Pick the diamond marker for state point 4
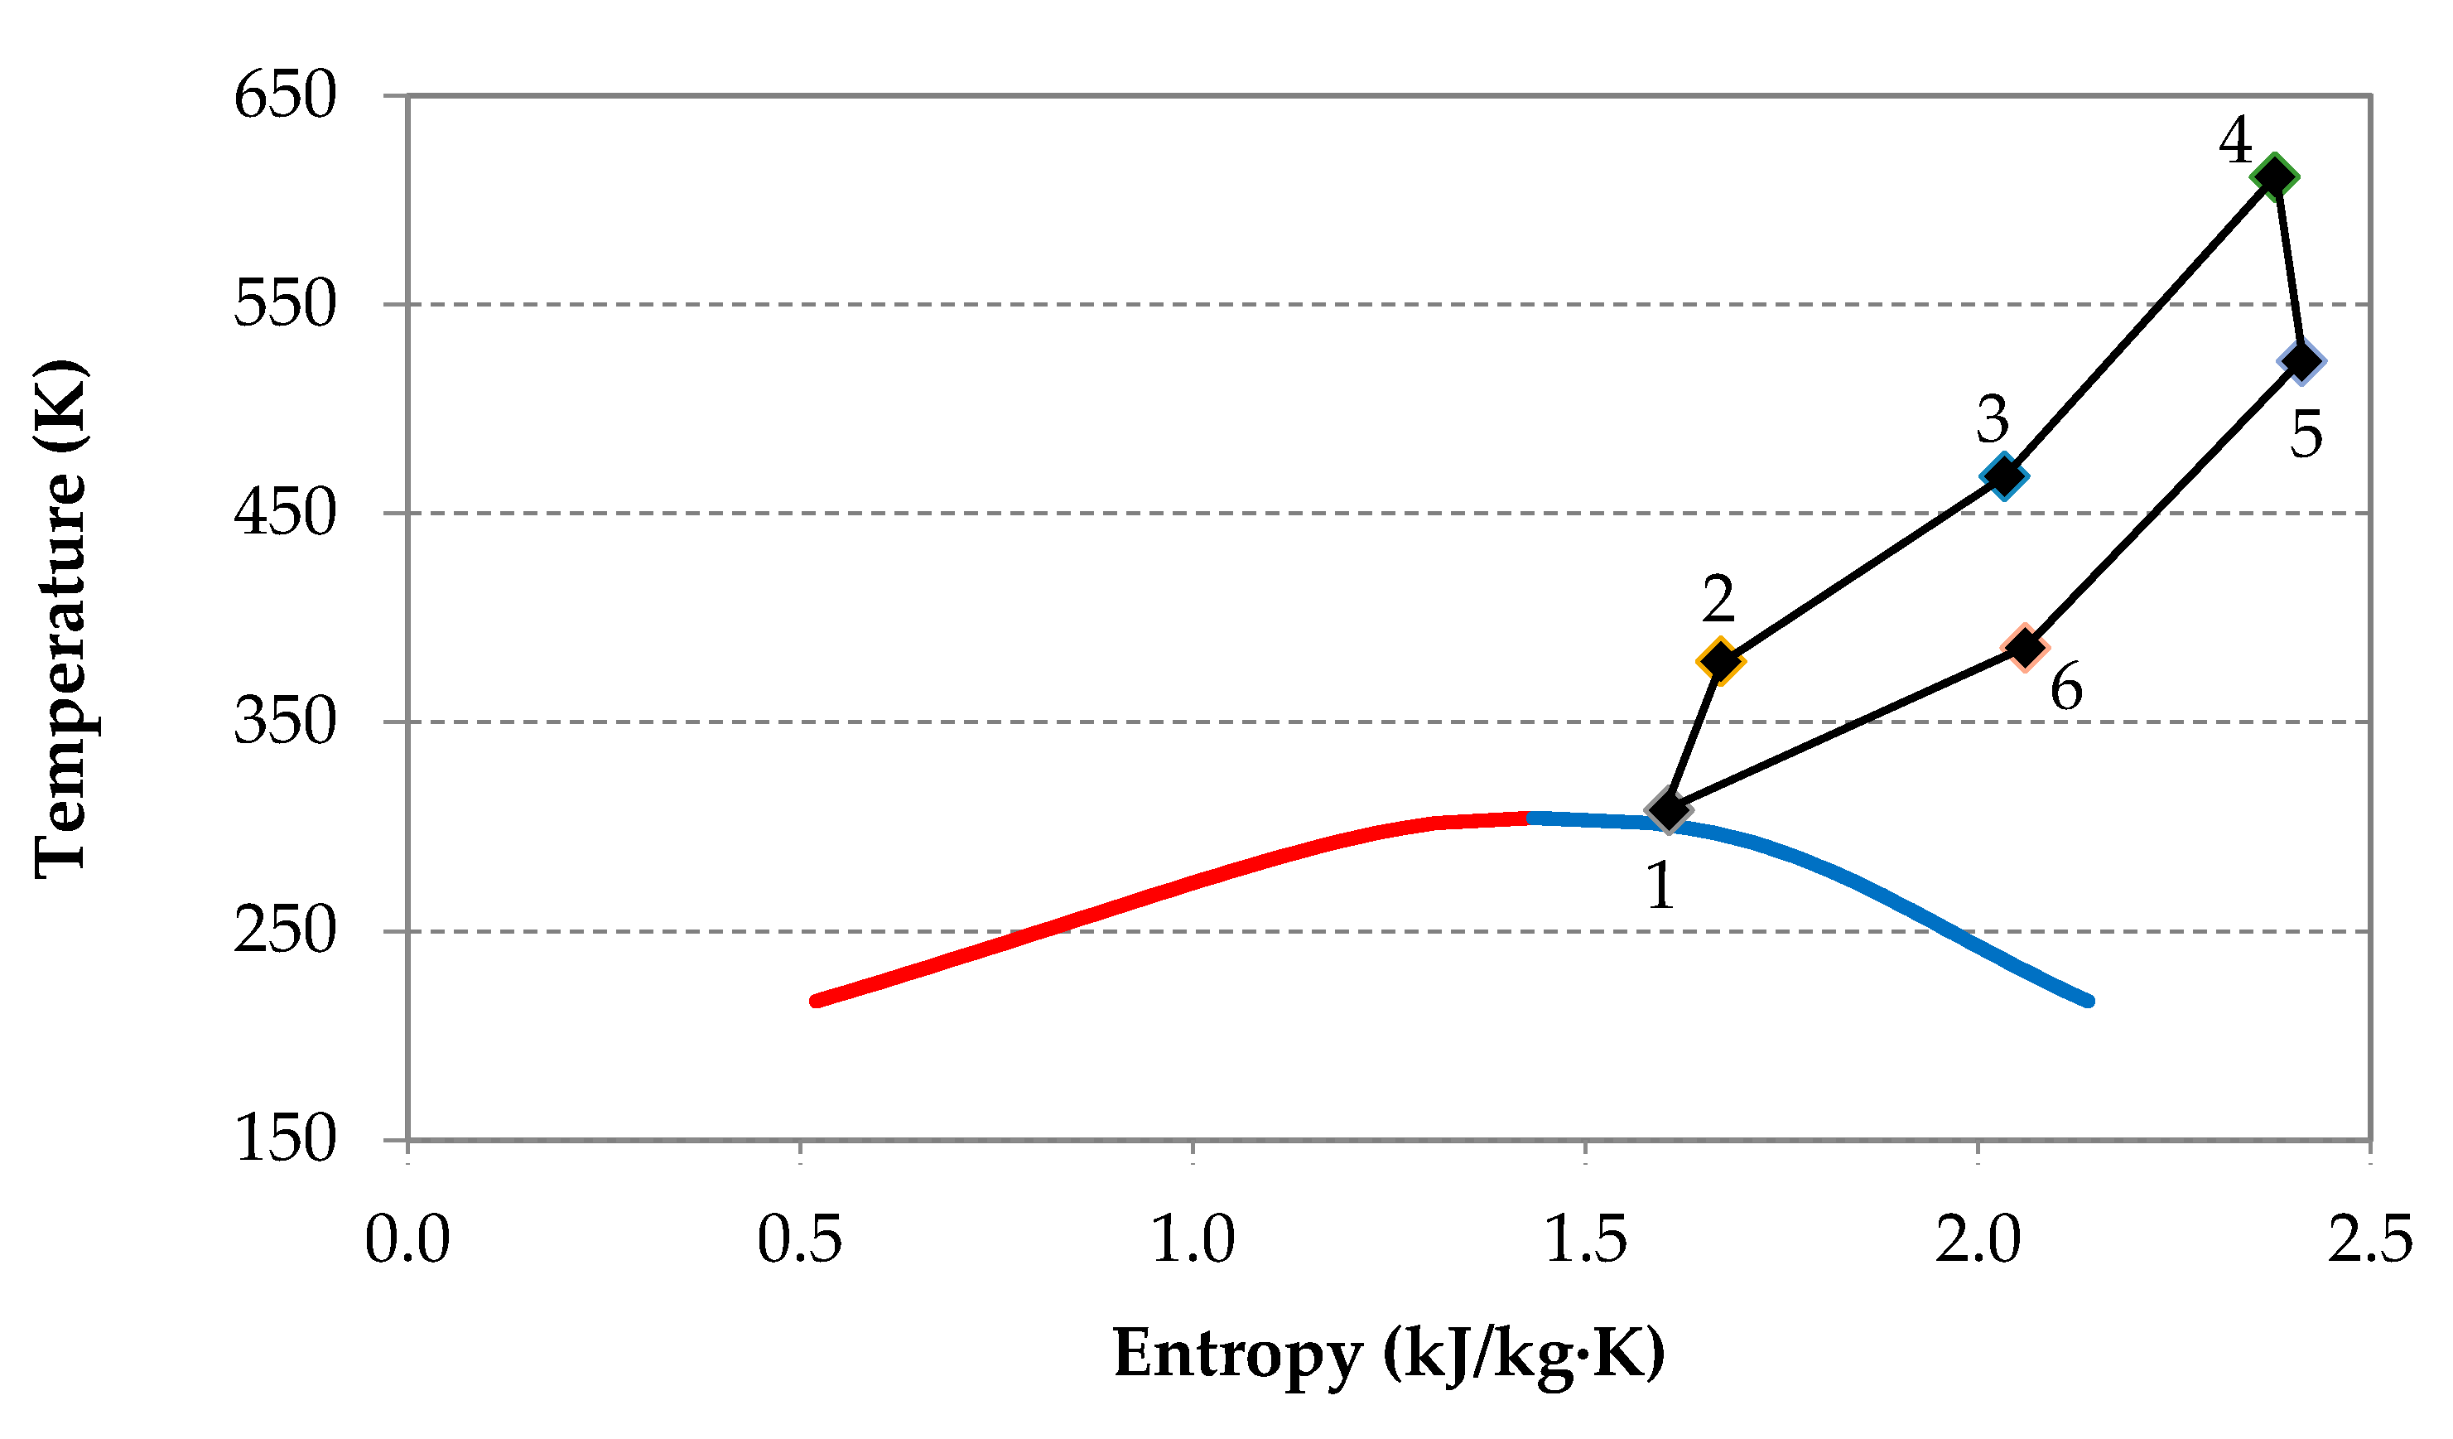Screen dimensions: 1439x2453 click(x=2275, y=177)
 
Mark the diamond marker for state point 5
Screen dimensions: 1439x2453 click(x=2302, y=360)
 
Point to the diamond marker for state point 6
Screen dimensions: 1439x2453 click(x=2026, y=648)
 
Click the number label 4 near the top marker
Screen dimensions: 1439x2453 click(x=2235, y=141)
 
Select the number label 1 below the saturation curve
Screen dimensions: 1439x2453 click(x=1660, y=886)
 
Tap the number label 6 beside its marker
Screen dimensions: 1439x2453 click(x=2066, y=688)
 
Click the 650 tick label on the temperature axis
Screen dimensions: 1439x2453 click(x=284, y=95)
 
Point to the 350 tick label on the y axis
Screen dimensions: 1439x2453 click(x=284, y=722)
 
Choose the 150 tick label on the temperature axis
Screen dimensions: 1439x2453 click(x=284, y=1138)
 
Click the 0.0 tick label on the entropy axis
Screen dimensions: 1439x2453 click(x=407, y=1240)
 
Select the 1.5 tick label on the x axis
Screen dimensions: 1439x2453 click(x=1585, y=1240)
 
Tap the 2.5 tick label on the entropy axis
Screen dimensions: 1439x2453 click(x=2369, y=1240)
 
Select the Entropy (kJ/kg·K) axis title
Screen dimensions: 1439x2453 click(x=1389, y=1354)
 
